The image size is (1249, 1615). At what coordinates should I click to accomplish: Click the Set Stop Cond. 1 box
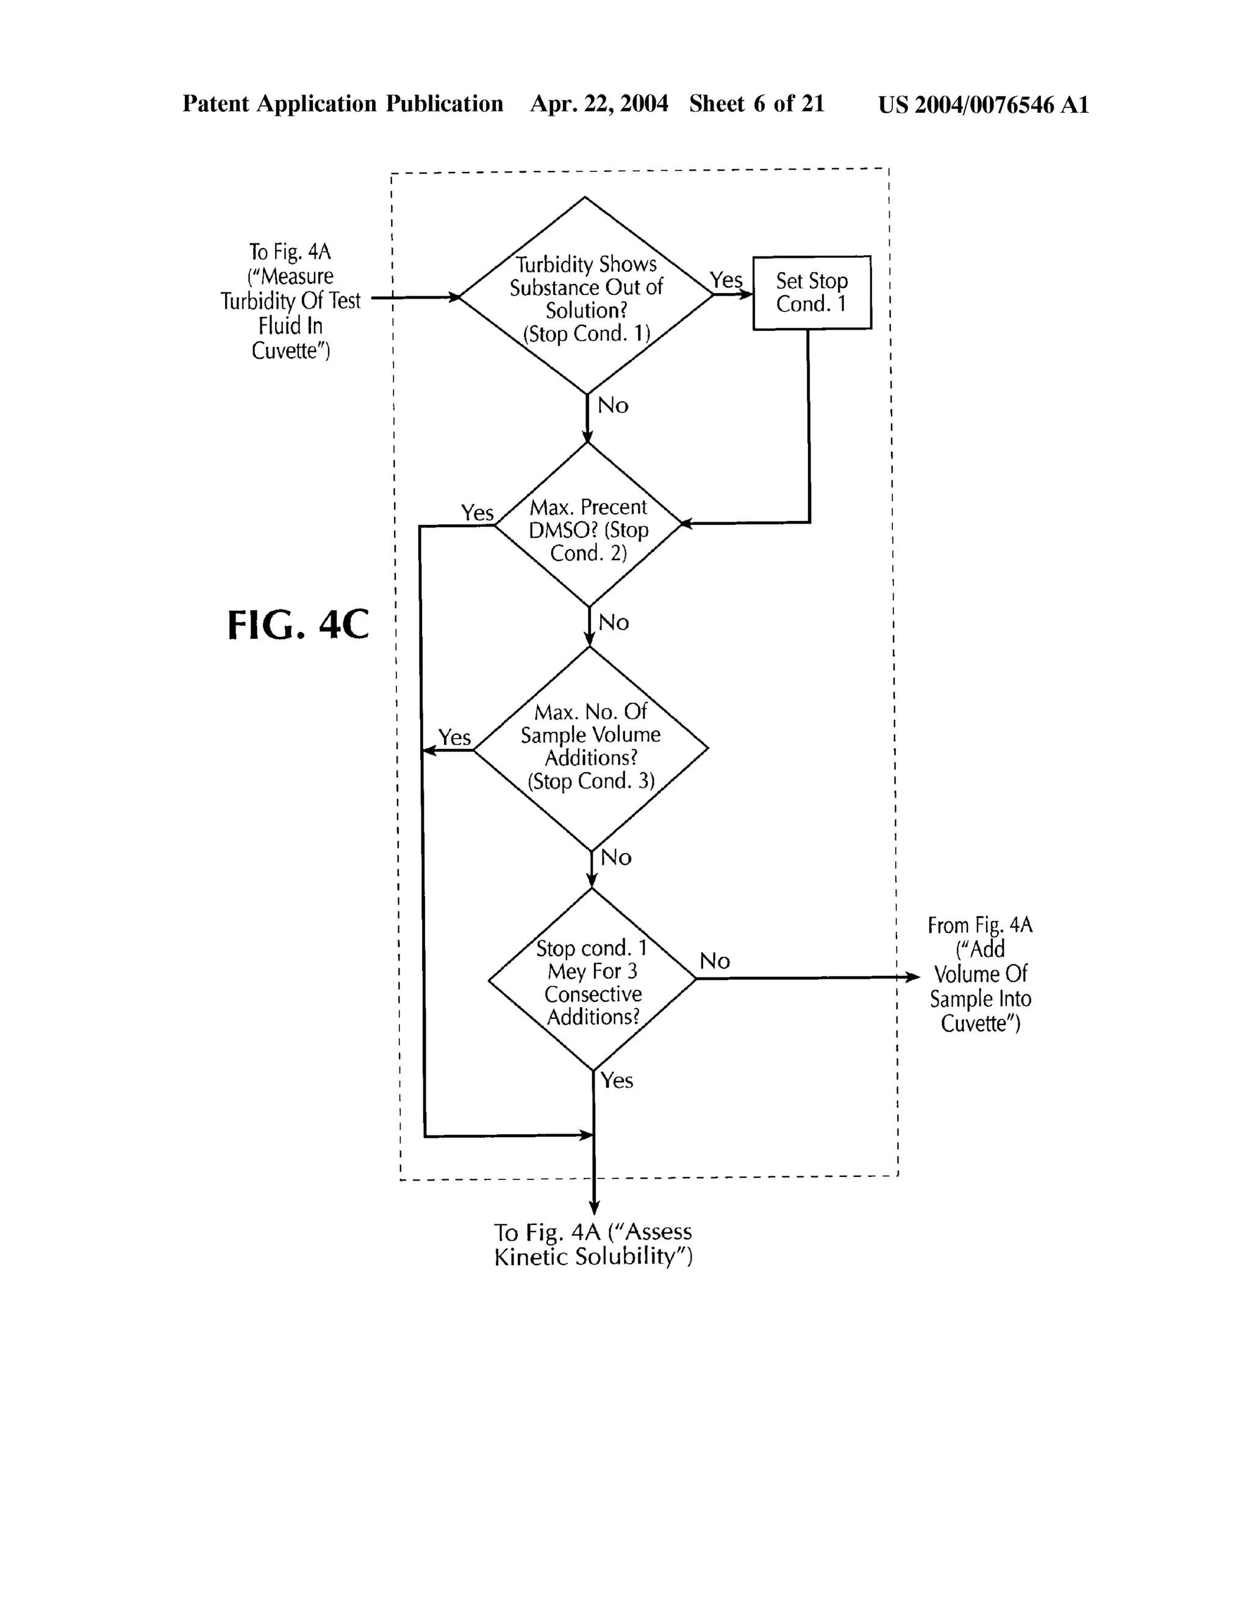(812, 292)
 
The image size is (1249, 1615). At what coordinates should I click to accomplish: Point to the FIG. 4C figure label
(298, 625)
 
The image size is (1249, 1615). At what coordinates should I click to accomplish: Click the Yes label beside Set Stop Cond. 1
(726, 280)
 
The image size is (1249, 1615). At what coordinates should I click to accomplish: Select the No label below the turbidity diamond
(613, 405)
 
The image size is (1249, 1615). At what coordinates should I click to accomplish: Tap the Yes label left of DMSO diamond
(478, 513)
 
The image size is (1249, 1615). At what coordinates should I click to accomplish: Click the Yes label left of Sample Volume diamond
(454, 737)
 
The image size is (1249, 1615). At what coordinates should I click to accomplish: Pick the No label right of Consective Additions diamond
(715, 960)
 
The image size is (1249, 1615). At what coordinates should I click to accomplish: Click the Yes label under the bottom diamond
(617, 1081)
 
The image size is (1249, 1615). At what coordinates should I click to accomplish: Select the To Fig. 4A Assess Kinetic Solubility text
(593, 1244)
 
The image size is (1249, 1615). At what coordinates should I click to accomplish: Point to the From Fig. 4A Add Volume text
(979, 974)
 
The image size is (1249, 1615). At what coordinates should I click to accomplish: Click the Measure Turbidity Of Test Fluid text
(290, 301)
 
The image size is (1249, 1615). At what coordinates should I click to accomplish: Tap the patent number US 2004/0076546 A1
(983, 105)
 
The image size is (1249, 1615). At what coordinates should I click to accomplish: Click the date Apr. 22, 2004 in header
(599, 104)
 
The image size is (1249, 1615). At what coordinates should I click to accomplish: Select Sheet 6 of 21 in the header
(756, 104)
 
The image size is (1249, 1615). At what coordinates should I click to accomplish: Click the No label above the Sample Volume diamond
(614, 623)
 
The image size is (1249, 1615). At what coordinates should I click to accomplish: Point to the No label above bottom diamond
(615, 858)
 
